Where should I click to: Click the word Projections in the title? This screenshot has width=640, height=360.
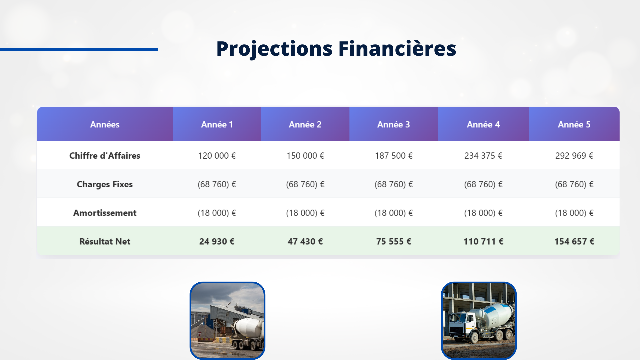point(274,49)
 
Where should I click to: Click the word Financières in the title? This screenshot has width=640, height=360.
point(397,48)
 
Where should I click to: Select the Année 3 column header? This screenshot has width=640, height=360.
point(394,124)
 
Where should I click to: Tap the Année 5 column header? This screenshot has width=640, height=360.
point(574,124)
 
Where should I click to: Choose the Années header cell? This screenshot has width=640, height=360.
point(105,124)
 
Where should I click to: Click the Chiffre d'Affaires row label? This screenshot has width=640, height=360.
point(105,156)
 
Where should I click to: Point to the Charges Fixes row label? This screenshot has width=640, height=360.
point(105,184)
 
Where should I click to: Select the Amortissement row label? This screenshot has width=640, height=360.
point(105,213)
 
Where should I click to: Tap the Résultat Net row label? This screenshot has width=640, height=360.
point(105,242)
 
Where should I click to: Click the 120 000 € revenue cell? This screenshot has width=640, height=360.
point(217,156)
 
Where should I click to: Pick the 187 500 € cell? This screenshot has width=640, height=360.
point(394,156)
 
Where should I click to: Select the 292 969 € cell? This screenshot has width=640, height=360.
point(574,156)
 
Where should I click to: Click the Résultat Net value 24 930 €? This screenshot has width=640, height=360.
point(217,242)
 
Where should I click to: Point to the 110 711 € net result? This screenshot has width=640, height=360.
point(483,242)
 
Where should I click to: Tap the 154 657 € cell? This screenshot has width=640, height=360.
point(574,242)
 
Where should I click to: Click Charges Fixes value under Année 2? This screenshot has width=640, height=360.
point(305,184)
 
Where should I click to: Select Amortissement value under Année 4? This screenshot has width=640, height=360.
point(483,213)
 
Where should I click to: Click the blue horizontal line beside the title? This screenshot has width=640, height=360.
point(79,50)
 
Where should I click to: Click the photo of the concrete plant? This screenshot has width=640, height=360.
point(227,321)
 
